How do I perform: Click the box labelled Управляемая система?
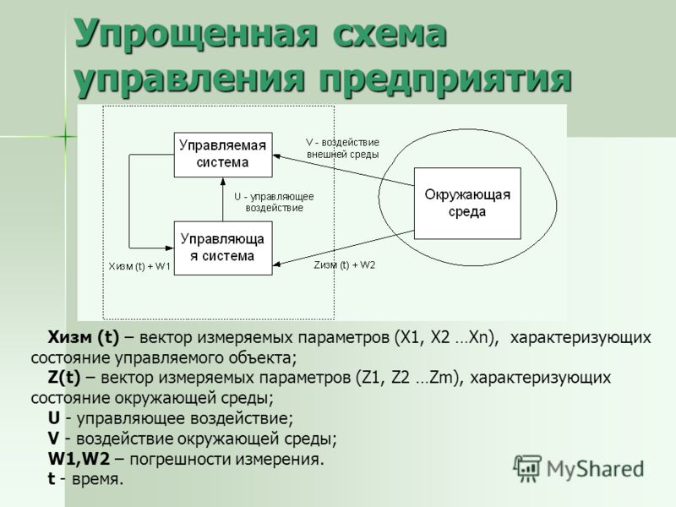pyautogui.click(x=223, y=155)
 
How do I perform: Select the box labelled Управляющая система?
pyautogui.click(x=223, y=248)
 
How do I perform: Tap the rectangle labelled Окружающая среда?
pyautogui.click(x=467, y=204)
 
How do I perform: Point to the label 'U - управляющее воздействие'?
pyautogui.click(x=274, y=202)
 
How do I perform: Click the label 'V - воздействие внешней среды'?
pyautogui.click(x=343, y=149)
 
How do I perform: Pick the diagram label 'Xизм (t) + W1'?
pyautogui.click(x=139, y=266)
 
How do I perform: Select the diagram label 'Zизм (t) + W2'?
pyautogui.click(x=345, y=265)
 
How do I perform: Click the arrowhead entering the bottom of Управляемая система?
pyautogui.click(x=223, y=181)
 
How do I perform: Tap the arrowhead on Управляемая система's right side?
pyautogui.click(x=277, y=156)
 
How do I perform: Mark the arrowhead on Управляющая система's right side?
pyautogui.click(x=277, y=264)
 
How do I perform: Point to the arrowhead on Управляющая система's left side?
pyautogui.click(x=170, y=248)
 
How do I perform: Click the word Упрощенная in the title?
pyautogui.click(x=197, y=35)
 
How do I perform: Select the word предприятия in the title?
pyautogui.click(x=446, y=79)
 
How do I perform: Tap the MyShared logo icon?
pyautogui.click(x=527, y=469)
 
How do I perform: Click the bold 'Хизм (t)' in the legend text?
pyautogui.click(x=83, y=337)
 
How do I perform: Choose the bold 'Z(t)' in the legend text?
pyautogui.click(x=64, y=378)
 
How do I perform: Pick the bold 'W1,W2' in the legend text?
pyautogui.click(x=79, y=459)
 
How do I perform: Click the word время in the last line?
pyautogui.click(x=97, y=479)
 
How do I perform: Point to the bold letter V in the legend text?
pyautogui.click(x=53, y=439)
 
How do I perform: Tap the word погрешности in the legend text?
pyautogui.click(x=179, y=459)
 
